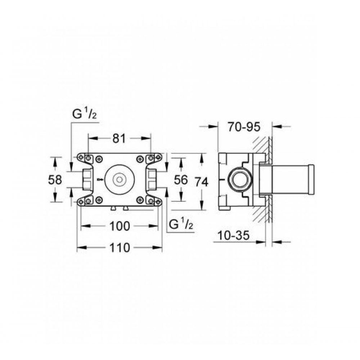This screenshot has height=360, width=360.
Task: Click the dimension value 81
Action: point(119,138)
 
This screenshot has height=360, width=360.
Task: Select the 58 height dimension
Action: point(55,179)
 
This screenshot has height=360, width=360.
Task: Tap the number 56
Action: point(181,179)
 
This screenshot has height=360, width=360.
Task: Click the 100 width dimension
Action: point(119,226)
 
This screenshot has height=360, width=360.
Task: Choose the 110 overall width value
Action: point(119,248)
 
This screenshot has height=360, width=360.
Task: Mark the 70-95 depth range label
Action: point(244,127)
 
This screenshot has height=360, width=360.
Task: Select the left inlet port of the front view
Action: point(86,179)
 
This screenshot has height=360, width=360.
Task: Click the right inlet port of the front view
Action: point(152,179)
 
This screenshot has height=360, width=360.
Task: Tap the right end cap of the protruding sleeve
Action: point(311,180)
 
